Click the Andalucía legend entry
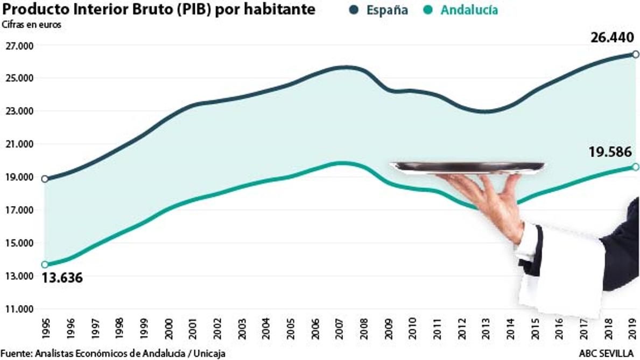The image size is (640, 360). coord(460,10)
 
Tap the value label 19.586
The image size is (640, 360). coord(610,152)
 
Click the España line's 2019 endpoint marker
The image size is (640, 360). coord(636,54)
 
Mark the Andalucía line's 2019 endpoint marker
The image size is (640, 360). coord(636,167)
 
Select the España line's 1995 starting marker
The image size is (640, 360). coord(45,179)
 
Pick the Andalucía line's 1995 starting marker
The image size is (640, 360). coord(45,264)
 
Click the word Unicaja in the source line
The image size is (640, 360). coord(208,354)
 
